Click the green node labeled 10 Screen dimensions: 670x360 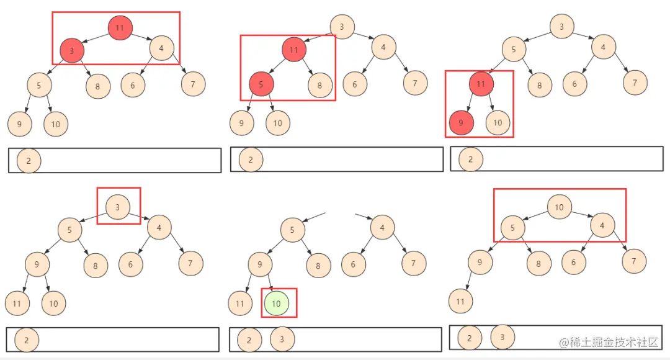[277, 303]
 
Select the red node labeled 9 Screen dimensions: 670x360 [461, 123]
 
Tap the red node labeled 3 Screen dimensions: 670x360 [72, 51]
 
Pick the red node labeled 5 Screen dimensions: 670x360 [261, 84]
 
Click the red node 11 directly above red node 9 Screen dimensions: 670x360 [481, 84]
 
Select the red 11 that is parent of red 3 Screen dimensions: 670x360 [120, 27]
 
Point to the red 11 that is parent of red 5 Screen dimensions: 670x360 [294, 49]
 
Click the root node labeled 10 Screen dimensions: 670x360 [559, 207]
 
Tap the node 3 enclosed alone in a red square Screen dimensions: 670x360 [118, 207]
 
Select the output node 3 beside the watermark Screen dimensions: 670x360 [502, 337]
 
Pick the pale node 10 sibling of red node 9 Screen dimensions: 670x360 [498, 123]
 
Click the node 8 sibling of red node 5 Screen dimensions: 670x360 [320, 86]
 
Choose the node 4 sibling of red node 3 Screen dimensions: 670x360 [161, 48]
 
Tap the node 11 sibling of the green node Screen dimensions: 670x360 [240, 304]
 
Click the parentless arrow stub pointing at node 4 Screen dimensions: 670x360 [362, 217]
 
